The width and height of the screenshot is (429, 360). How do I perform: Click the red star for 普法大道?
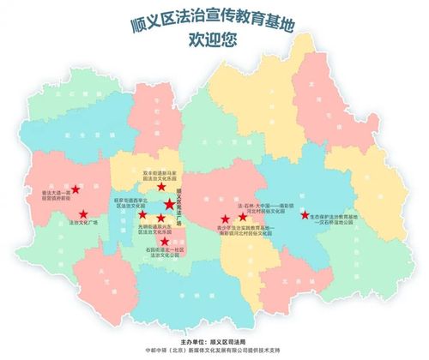[x=76, y=189]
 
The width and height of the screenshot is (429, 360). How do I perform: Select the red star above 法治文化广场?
[x=84, y=213]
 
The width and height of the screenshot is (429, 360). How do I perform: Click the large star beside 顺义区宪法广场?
[x=169, y=204]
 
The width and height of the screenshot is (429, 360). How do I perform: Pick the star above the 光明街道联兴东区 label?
[x=160, y=219]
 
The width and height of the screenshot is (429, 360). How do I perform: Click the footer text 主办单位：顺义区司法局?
[x=214, y=340]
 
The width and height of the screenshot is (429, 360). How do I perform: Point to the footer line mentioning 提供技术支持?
[x=214, y=351]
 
